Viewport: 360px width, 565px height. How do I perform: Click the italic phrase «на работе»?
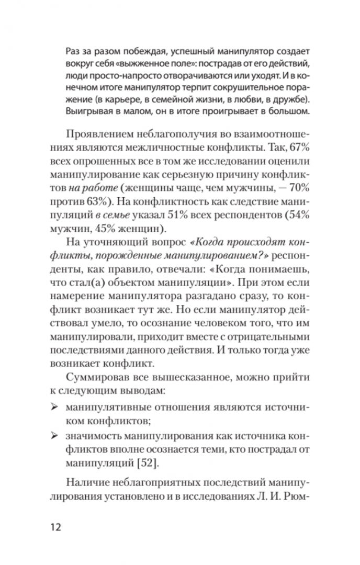86,187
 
